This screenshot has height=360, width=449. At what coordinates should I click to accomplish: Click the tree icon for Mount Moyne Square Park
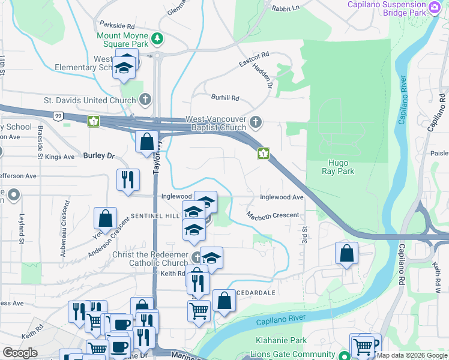[157, 38]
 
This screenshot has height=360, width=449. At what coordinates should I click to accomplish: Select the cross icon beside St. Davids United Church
[145, 99]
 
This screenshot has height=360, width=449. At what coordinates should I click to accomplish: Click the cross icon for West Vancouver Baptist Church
[256, 122]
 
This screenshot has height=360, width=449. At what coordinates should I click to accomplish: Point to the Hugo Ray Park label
[341, 167]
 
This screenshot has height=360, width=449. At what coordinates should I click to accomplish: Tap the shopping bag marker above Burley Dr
[146, 142]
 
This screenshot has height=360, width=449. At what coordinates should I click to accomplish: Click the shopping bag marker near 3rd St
[346, 253]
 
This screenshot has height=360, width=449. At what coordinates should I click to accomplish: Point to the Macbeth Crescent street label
[273, 215]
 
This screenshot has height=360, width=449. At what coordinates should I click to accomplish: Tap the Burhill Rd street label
[225, 98]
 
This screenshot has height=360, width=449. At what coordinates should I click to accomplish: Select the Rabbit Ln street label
[285, 8]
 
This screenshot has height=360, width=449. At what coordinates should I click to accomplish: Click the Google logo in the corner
[20, 353]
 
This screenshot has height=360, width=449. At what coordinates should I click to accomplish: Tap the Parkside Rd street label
[118, 26]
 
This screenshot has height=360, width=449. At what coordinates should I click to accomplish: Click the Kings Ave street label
[60, 157]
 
